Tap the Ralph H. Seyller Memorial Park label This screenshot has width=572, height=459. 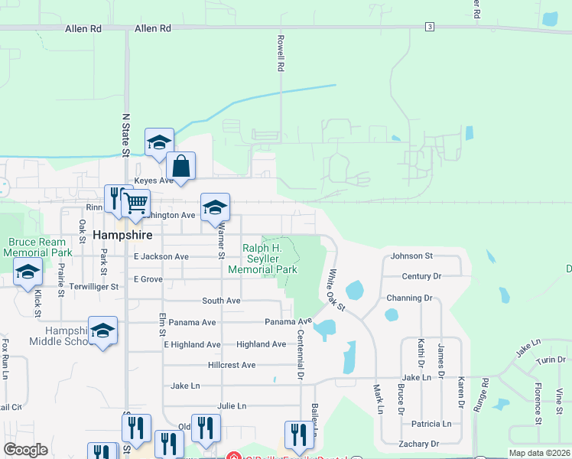(x=262, y=259)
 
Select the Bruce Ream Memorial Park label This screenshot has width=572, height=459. (x=40, y=247)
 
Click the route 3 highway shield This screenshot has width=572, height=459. (x=431, y=27)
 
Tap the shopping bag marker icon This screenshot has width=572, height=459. (x=180, y=165)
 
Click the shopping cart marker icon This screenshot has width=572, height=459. (x=135, y=203)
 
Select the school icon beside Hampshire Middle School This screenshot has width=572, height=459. (x=102, y=330)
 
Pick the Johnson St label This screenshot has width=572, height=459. (x=411, y=256)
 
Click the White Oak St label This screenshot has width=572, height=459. (x=336, y=290)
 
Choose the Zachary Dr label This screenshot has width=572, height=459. (x=418, y=444)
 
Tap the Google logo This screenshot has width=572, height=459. (x=25, y=450)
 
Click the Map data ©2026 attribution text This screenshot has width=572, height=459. (x=539, y=453)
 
